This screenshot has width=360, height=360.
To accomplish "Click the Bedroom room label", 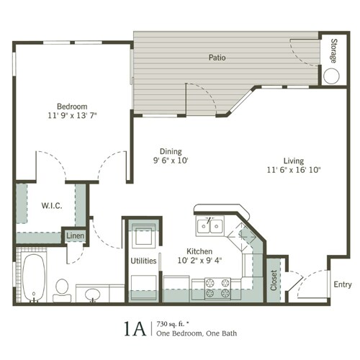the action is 72,107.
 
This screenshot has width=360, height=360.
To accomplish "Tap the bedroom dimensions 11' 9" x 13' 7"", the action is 72,115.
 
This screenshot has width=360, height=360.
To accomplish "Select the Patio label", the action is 217,58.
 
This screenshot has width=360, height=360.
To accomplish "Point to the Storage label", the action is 334,51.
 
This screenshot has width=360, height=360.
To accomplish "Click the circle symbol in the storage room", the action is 331,76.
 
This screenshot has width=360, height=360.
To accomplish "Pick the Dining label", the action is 171,151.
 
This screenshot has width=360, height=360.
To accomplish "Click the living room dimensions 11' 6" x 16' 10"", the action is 294,170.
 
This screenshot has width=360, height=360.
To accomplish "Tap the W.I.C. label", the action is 52,206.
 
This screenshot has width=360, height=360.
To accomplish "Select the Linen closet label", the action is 75,235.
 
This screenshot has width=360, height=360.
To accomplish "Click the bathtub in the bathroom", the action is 34,277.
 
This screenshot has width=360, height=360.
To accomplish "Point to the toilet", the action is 62,290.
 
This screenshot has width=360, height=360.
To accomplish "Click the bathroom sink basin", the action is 93,294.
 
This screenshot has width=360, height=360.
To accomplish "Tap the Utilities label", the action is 143,261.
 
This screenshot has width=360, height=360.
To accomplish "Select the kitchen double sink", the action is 210,225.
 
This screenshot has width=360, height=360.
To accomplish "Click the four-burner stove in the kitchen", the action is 217,289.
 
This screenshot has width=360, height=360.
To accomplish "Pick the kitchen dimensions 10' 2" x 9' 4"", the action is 199,261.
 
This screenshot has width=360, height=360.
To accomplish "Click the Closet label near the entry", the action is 274,280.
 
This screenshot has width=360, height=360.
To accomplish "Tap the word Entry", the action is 343,284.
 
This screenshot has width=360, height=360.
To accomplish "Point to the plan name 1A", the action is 135,329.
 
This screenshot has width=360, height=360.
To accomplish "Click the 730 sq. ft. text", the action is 173,324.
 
